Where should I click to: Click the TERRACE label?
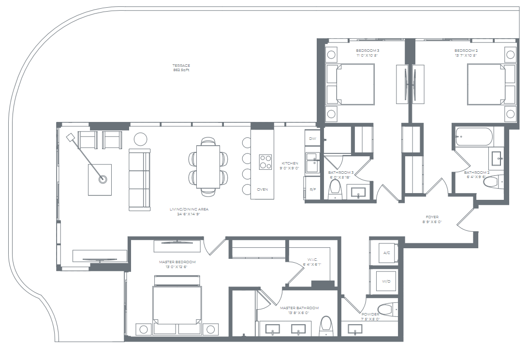tap(181, 66)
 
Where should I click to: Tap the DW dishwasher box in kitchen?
tap(312, 139)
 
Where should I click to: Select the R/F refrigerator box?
tap(312, 189)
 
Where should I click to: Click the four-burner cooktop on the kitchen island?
tap(265, 161)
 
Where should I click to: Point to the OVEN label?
tap(263, 189)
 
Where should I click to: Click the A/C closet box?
tap(386, 253)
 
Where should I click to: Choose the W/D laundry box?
tap(386, 281)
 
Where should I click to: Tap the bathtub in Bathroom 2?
tap(473, 137)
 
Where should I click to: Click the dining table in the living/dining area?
tap(208, 166)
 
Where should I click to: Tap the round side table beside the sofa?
tap(140, 139)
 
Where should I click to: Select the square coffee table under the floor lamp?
tap(100, 180)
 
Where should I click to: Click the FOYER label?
tap(432, 217)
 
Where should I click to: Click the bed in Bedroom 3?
tap(351, 84)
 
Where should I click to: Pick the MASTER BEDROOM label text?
tap(177, 262)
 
